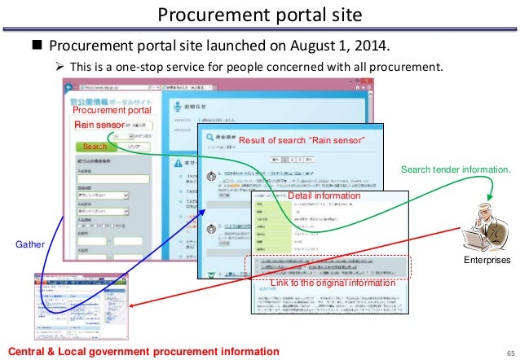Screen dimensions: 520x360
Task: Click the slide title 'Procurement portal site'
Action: tap(259, 15)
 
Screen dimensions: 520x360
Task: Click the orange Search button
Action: tap(95, 147)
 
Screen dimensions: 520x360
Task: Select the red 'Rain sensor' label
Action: tap(99, 125)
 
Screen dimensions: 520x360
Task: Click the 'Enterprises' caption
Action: tap(487, 261)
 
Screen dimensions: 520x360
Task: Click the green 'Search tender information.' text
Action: tap(456, 169)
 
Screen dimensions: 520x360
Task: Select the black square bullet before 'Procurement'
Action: tap(37, 45)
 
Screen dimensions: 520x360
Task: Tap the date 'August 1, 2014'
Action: tap(349, 44)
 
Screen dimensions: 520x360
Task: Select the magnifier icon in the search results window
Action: tap(209, 138)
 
